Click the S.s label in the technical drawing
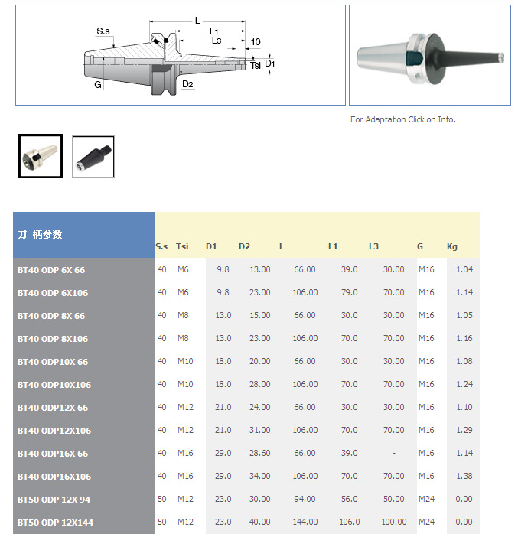(103, 31)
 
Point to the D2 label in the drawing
(187, 84)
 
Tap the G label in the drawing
(98, 84)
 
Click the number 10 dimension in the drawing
(256, 42)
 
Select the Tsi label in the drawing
(256, 65)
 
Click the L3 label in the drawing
(217, 41)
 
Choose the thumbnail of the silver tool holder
(41, 156)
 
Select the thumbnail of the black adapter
(93, 157)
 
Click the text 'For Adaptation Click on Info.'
(403, 119)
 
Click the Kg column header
(452, 246)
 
